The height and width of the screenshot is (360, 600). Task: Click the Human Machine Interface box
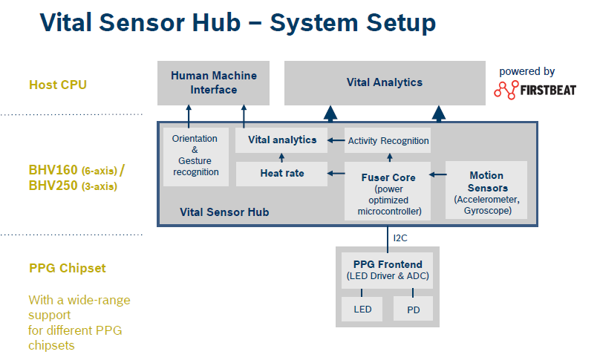pyautogui.click(x=213, y=82)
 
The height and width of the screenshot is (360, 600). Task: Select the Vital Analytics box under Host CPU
pyautogui.click(x=385, y=82)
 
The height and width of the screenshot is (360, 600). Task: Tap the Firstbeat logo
pyautogui.click(x=535, y=90)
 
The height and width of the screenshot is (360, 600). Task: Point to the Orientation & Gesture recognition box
pyautogui.click(x=195, y=157)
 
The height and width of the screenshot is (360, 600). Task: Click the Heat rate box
pyautogui.click(x=281, y=174)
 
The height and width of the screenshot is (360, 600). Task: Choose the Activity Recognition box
pyautogui.click(x=388, y=140)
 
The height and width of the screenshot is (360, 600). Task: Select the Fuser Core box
pyautogui.click(x=388, y=191)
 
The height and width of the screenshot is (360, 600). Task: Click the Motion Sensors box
pyautogui.click(x=486, y=190)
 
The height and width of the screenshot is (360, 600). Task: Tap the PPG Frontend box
pyautogui.click(x=387, y=270)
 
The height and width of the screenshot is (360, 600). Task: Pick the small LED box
pyautogui.click(x=362, y=309)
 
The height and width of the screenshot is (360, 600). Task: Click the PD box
pyautogui.click(x=414, y=309)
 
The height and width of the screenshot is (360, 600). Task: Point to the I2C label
pyautogui.click(x=400, y=238)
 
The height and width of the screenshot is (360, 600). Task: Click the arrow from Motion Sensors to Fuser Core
pyautogui.click(x=438, y=174)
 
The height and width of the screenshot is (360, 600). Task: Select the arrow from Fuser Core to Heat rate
pyautogui.click(x=336, y=173)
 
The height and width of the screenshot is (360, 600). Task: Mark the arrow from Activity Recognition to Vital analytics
pyautogui.click(x=336, y=140)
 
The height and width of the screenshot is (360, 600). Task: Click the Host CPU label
pyautogui.click(x=58, y=85)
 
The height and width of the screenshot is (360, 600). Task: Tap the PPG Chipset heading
pyautogui.click(x=68, y=268)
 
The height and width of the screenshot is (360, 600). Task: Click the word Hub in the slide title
pyautogui.click(x=216, y=22)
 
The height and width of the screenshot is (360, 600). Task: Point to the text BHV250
pyautogui.click(x=53, y=186)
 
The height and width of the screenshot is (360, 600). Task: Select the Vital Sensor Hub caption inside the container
pyautogui.click(x=224, y=212)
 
